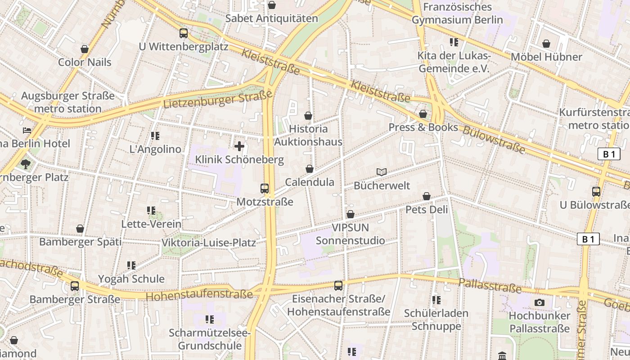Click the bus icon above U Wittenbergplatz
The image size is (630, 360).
click(184, 33)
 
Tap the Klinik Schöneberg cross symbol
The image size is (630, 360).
click(239, 146)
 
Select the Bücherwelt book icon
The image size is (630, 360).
click(382, 172)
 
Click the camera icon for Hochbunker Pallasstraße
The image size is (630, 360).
click(540, 302)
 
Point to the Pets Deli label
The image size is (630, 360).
click(427, 210)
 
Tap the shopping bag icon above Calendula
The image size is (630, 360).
click(309, 169)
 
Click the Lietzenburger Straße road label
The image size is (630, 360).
click(218, 99)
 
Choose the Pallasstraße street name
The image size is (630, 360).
click(490, 285)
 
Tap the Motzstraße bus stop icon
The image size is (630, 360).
click(265, 189)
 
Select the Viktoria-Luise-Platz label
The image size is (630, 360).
click(209, 243)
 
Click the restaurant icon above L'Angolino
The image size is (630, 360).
click(155, 136)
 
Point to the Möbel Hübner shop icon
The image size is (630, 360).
click(546, 44)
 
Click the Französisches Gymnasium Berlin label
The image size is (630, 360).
click(457, 13)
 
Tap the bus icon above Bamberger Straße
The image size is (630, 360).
click(75, 286)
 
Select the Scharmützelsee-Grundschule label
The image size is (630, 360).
click(210, 339)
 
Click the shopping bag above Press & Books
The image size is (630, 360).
click(423, 114)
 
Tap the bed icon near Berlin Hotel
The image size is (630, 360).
click(27, 130)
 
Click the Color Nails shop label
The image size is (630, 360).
click(85, 62)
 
